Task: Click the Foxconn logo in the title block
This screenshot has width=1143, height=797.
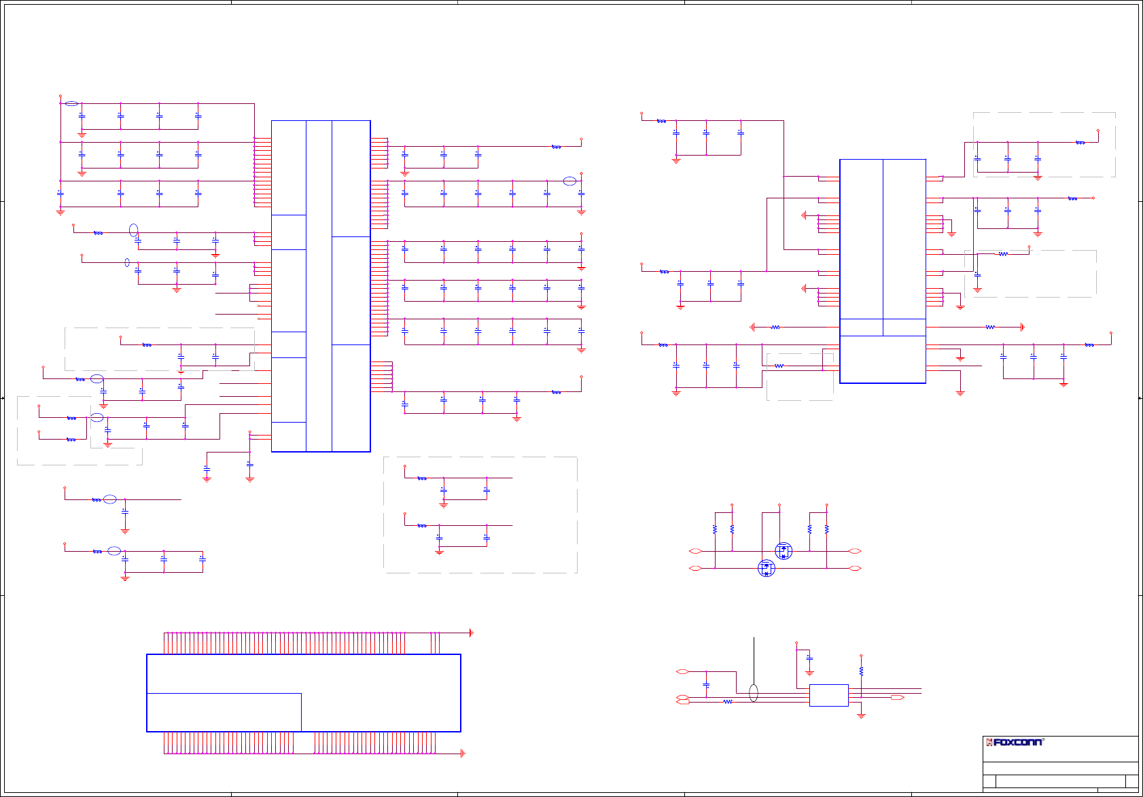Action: click(x=1015, y=742)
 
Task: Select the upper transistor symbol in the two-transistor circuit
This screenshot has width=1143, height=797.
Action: click(x=784, y=551)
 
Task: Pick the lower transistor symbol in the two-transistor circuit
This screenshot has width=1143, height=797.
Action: click(x=767, y=568)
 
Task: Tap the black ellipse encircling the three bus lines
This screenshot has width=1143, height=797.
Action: click(x=753, y=693)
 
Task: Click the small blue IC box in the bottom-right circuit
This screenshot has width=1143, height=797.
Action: click(x=828, y=695)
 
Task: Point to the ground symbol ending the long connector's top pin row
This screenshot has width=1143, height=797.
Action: click(x=471, y=633)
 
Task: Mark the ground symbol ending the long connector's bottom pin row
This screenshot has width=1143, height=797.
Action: click(x=463, y=753)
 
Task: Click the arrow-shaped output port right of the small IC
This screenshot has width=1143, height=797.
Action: click(x=898, y=698)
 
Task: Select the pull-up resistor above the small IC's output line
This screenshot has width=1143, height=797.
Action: click(x=861, y=671)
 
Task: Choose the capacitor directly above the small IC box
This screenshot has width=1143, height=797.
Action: click(x=809, y=658)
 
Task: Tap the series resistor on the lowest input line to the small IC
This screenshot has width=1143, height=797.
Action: click(x=728, y=702)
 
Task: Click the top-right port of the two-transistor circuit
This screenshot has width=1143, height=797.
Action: click(x=856, y=551)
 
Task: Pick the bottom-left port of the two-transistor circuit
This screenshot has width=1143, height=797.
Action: click(x=694, y=568)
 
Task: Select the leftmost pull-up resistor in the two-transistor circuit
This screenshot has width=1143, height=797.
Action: click(x=715, y=529)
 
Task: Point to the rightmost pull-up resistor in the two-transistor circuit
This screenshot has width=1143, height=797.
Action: click(x=826, y=529)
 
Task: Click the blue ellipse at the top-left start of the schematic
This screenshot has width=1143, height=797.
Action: click(x=71, y=104)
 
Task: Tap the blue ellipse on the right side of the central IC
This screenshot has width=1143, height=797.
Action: click(x=569, y=181)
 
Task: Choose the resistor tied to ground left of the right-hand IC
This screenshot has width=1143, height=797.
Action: click(x=775, y=327)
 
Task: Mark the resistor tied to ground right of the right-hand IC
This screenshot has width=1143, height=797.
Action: click(x=990, y=327)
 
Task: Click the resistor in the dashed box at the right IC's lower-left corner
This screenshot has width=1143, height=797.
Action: click(x=779, y=366)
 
